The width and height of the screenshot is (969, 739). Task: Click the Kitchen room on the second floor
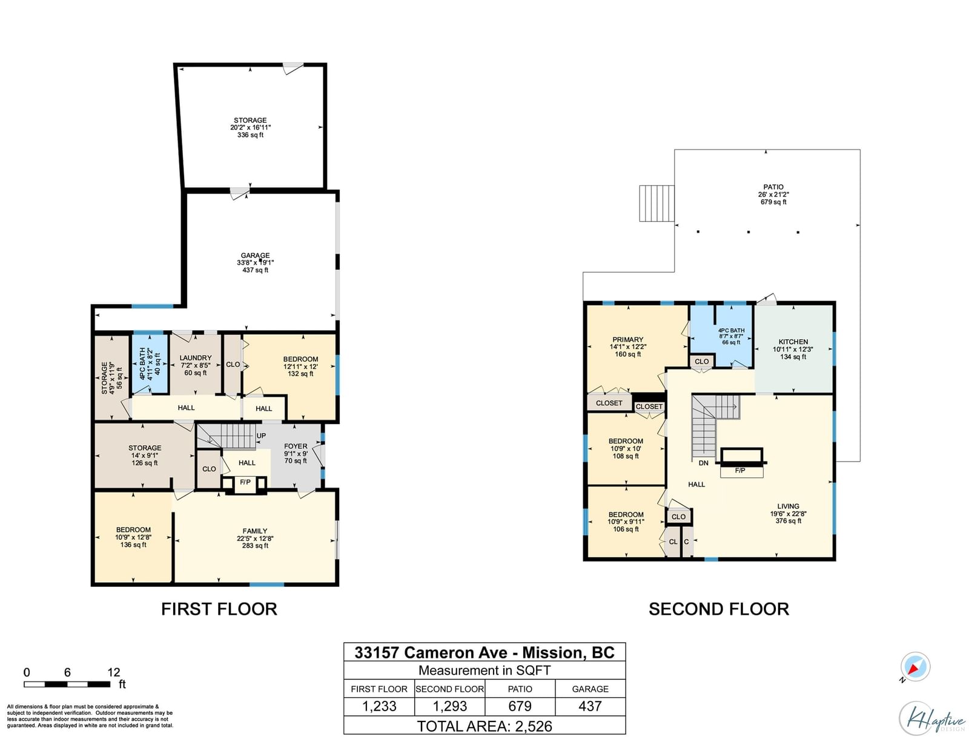point(793,349)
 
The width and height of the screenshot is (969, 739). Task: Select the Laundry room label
point(195,365)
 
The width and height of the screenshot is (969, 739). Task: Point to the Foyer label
point(296,453)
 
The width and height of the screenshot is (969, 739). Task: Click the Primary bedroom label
point(628,346)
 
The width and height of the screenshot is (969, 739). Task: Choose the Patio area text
point(773,194)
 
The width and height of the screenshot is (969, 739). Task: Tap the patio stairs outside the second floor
point(657,203)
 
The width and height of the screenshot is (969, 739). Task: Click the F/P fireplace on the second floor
point(742,462)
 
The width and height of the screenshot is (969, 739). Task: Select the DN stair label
point(703,463)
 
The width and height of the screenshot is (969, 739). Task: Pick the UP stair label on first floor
point(261,436)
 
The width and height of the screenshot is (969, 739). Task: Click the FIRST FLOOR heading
point(219,609)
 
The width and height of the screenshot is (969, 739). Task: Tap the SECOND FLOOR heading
point(719,609)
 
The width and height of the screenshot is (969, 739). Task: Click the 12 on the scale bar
point(113,672)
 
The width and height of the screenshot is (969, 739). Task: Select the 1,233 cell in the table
point(379,706)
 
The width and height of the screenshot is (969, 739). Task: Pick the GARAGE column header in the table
point(590,689)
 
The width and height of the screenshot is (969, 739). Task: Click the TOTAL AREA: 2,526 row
point(484,726)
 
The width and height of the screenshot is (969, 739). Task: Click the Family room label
point(255,538)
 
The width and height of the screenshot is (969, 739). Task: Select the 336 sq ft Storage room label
point(250,128)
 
